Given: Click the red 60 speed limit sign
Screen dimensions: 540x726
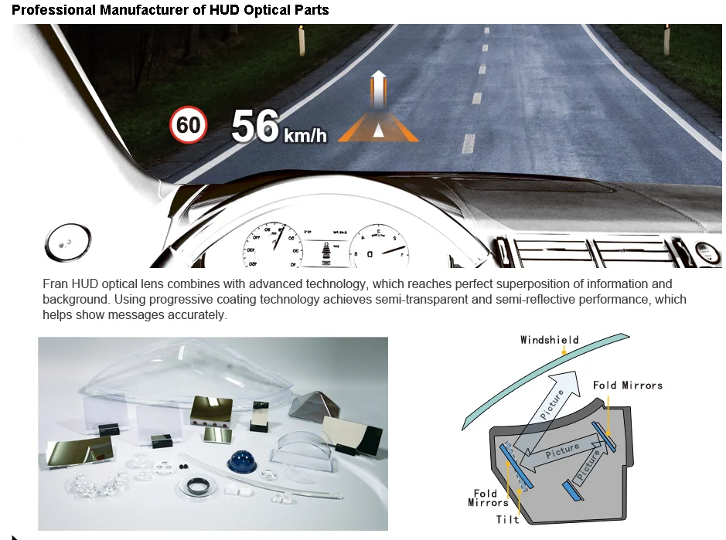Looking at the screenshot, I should tap(189, 125).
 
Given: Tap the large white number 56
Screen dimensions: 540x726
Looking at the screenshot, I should tap(254, 126).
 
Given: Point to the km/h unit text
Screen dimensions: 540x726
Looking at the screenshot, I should tap(305, 137).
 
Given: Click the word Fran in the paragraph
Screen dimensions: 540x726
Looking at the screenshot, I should tap(56, 284).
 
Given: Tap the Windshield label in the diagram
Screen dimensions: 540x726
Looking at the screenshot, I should tap(549, 340).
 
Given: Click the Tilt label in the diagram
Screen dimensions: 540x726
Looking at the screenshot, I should tap(508, 520).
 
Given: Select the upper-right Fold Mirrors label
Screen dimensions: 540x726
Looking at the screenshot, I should tap(627, 385).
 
